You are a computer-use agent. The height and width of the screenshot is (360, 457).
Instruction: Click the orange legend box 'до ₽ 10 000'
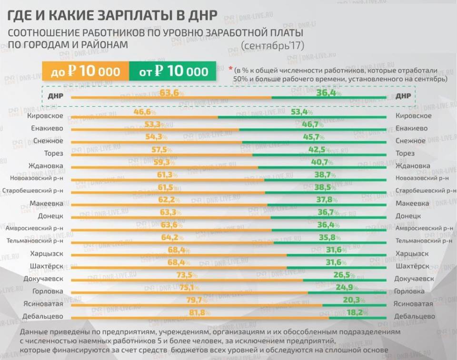pos(86,72)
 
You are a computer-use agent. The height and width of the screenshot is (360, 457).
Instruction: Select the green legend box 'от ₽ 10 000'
pos(174,72)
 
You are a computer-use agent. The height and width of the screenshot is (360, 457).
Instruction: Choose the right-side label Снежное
pos(411,141)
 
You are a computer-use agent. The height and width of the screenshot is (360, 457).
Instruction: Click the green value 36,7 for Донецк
pos(328,213)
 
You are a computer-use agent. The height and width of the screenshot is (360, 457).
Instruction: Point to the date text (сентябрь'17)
pos(273,46)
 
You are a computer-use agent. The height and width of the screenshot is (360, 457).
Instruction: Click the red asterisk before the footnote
pos(230,68)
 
